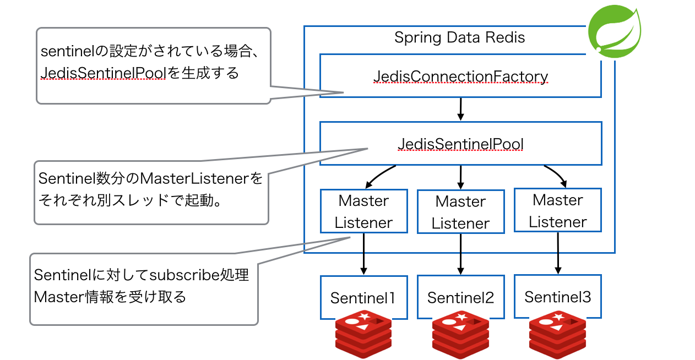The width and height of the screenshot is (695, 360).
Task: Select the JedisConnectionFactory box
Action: pyautogui.click(x=460, y=76)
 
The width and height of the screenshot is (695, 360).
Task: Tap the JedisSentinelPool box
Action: pyautogui.click(x=460, y=144)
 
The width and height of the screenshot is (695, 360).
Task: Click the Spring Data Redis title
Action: pyautogui.click(x=460, y=37)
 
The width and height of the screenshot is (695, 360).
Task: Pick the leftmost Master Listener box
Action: pyautogui.click(x=363, y=211)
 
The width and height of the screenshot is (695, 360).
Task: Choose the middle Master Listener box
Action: pyautogui.click(x=460, y=212)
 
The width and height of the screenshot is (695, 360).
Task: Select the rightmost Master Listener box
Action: pyautogui.click(x=558, y=211)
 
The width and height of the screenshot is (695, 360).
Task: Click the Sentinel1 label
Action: pyautogui.click(x=363, y=298)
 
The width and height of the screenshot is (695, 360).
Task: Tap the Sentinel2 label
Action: pyautogui.click(x=460, y=298)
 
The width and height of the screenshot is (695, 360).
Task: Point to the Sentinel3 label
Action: pyautogui.click(x=557, y=297)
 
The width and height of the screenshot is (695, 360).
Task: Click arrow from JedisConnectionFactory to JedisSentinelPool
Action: pyautogui.click(x=461, y=109)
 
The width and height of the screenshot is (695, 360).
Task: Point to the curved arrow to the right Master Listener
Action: pyautogui.click(x=556, y=174)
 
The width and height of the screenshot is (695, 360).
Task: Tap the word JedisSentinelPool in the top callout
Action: pyautogui.click(x=104, y=73)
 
